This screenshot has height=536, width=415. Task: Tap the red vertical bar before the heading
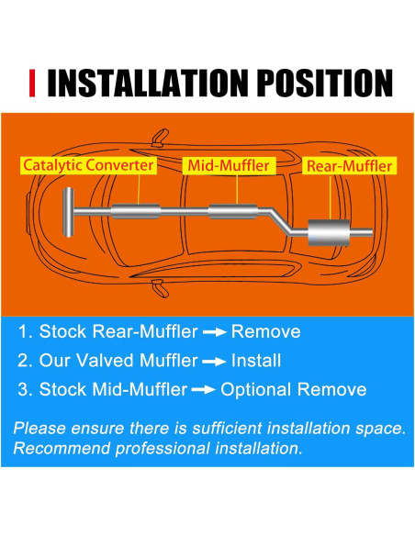pos(33,84)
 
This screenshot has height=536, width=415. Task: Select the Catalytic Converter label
pos(89,165)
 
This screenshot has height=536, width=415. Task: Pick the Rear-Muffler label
pos(349,166)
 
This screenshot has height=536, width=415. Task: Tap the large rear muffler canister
pos(331,233)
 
